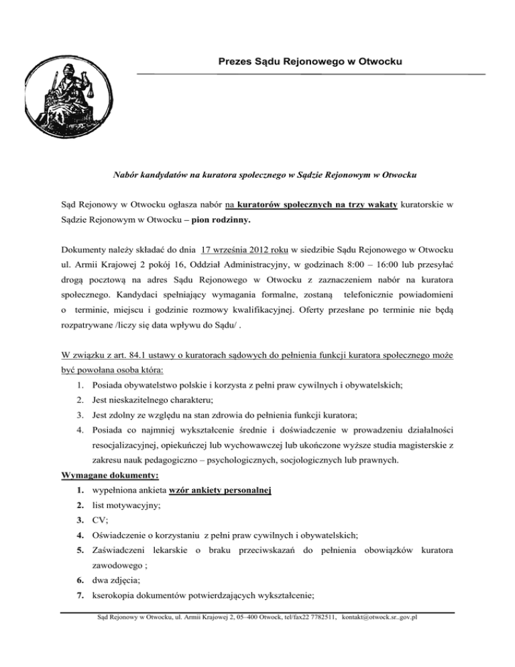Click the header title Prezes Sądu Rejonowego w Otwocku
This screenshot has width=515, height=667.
(310, 62)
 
